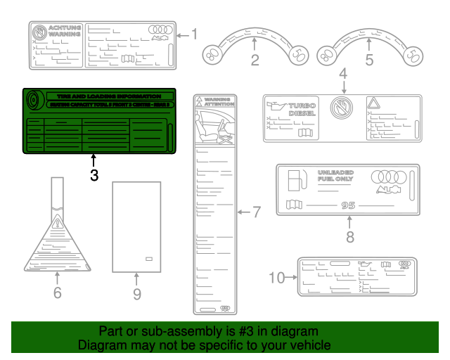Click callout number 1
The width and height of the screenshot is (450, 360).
pos(195,34)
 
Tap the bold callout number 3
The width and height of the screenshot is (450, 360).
pos(94,175)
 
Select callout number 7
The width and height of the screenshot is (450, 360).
pos(256,211)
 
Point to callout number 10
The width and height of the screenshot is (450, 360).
pos(278,277)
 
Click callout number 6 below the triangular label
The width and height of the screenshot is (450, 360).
pos(58,292)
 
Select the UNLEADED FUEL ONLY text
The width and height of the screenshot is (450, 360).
pos(336,176)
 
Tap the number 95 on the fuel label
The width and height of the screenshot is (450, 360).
pos(348,205)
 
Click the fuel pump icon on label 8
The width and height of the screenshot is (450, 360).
pos(295,180)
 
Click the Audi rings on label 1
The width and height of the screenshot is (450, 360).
pos(161,30)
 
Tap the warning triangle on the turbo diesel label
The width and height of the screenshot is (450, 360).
pos(373,103)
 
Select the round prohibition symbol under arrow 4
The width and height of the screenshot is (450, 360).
pos(340,108)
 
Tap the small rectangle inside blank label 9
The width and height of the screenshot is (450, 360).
pos(149,259)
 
